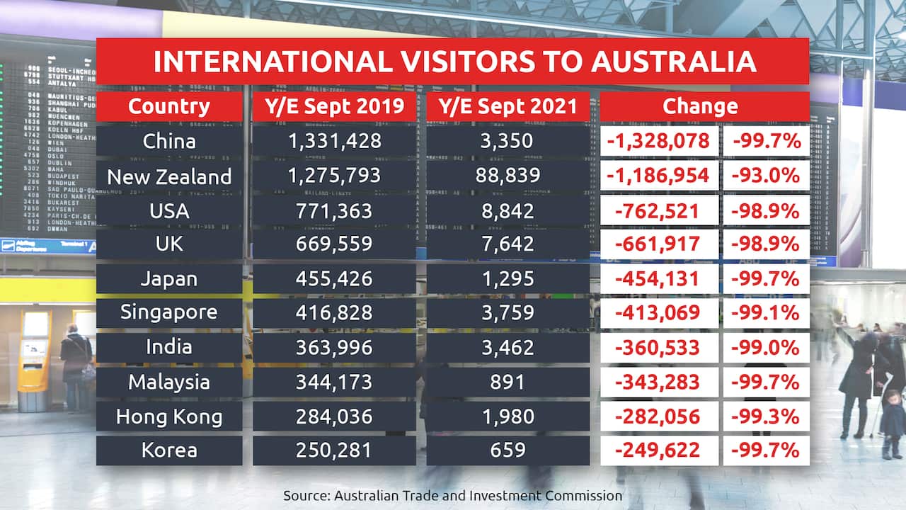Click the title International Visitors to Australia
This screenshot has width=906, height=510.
(x=453, y=62)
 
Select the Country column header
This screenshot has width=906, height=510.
(x=169, y=106)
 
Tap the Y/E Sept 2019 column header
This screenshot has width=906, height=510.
(x=334, y=106)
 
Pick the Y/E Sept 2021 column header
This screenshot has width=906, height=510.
(x=508, y=106)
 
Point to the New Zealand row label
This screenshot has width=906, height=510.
(x=169, y=176)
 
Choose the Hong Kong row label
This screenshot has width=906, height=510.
(x=169, y=416)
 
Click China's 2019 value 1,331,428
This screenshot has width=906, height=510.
(x=334, y=141)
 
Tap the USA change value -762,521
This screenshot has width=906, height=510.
(x=658, y=210)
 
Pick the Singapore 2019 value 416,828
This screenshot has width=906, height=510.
(x=334, y=313)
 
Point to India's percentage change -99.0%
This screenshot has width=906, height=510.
(x=767, y=348)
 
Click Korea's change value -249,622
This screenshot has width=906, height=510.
(x=658, y=450)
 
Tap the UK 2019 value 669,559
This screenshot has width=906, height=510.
(x=334, y=244)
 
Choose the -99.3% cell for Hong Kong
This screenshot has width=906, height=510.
(x=767, y=416)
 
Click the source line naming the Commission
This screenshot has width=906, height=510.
(x=453, y=495)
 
